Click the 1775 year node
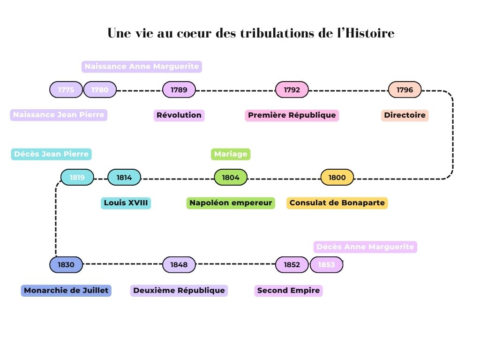point(66,90)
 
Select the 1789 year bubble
point(179,90)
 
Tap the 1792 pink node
point(292,90)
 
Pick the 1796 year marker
point(405,90)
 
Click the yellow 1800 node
point(337,178)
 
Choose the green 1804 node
point(231,178)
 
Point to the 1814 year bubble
point(124,178)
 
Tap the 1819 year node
point(77,178)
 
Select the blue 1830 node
point(66,265)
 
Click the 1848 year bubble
point(179,265)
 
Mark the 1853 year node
point(327,265)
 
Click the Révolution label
point(179,115)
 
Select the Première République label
point(292,115)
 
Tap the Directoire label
point(405,115)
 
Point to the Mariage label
point(231,154)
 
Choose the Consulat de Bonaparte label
point(337,203)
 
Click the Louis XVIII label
point(126,203)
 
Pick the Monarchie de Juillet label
point(66,291)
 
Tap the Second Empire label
point(289,291)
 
